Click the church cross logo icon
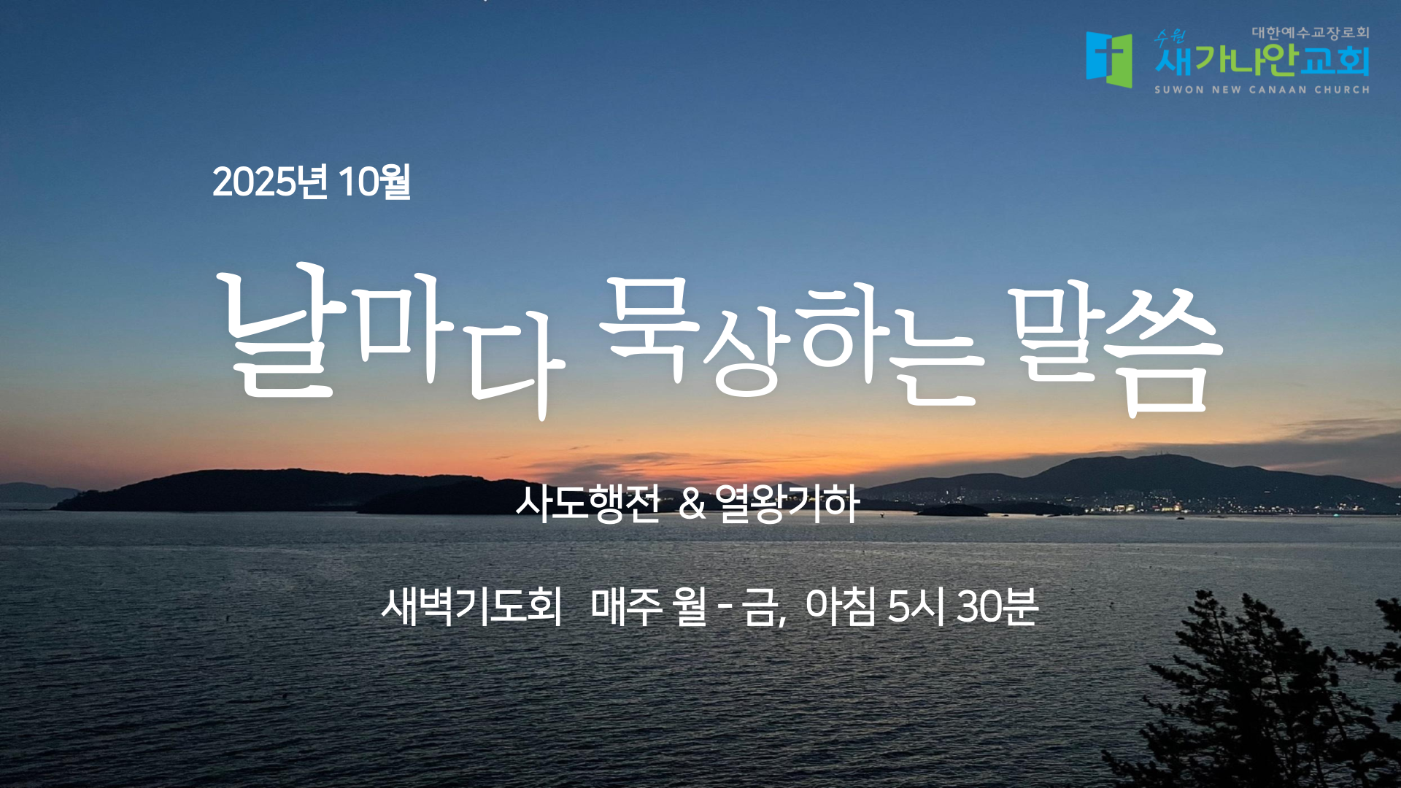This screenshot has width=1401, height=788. (x=1109, y=59)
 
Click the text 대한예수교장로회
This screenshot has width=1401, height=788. (x=1311, y=33)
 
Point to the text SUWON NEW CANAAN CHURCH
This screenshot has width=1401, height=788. (x=1262, y=90)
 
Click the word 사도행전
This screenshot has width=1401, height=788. (x=587, y=503)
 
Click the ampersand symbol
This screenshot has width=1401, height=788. (x=692, y=504)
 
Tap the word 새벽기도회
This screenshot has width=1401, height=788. (x=471, y=606)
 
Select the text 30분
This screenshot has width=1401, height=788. (x=997, y=606)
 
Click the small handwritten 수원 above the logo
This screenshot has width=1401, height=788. (x=1170, y=37)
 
